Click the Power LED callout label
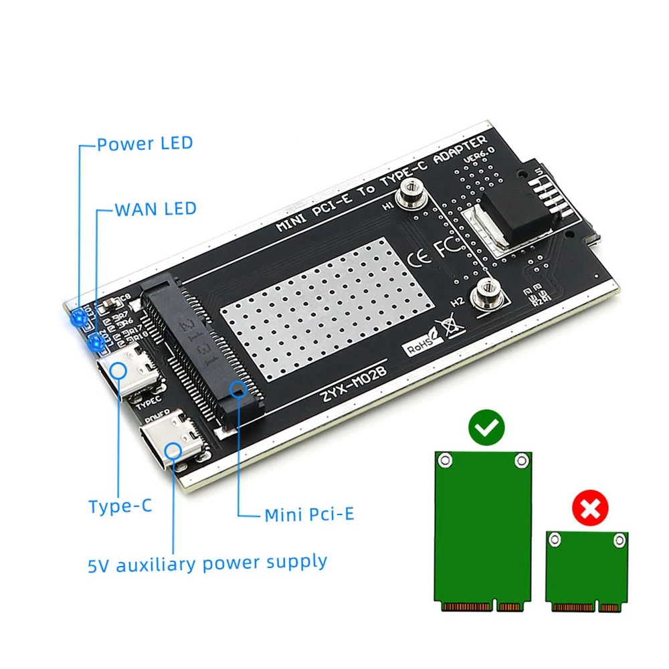point(145,143)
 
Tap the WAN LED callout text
point(155,209)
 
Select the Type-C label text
point(120,506)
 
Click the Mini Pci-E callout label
point(309,514)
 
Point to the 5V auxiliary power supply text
point(207,563)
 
